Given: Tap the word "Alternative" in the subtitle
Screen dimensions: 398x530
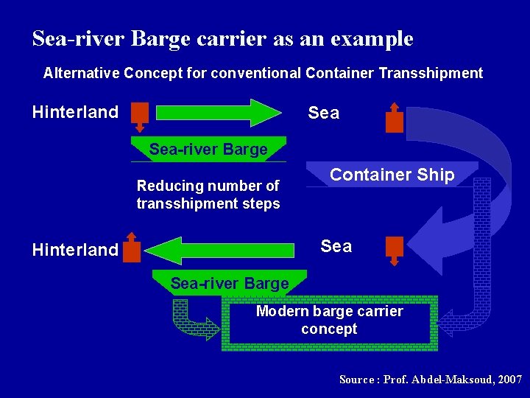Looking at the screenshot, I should pos(82,73).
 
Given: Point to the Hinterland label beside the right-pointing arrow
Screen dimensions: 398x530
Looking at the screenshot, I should pos(75,112).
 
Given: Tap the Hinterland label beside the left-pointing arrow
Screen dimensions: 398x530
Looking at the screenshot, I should pos(75,250).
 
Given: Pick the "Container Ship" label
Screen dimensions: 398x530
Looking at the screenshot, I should pos(392,175).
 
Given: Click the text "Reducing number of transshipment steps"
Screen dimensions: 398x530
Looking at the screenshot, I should pos(208,195).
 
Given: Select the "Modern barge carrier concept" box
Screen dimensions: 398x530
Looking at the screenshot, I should pos(329,321).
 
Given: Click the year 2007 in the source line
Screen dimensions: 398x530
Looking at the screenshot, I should pos(509,380).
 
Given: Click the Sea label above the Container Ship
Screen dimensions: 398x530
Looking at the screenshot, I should pos(324,113).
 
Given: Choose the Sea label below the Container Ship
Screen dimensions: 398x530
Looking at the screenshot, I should pos(336,245).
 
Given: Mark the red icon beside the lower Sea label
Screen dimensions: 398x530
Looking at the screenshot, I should pos(395,248).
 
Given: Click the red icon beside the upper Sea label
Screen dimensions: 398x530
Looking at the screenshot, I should pos(395,118).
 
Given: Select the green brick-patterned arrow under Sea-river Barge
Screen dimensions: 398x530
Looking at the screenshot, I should pos(193,319).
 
